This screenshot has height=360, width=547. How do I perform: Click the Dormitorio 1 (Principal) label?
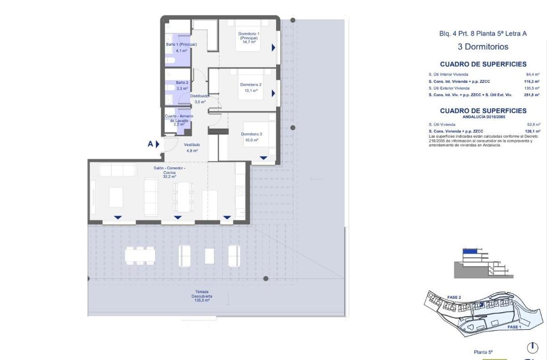(x=249, y=36)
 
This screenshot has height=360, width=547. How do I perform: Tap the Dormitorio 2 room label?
(x=251, y=85)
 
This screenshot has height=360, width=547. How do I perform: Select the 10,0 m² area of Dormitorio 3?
(x=252, y=140)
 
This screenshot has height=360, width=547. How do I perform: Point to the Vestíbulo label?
(x=192, y=145)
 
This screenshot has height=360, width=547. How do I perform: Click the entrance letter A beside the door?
(x=150, y=144)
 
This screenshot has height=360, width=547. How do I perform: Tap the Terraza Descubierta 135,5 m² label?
(x=201, y=296)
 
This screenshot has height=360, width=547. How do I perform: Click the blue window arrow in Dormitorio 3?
(x=263, y=158)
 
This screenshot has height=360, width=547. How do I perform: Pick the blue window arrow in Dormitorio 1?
(x=273, y=47)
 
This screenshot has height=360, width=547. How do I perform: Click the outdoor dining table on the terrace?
(x=140, y=255)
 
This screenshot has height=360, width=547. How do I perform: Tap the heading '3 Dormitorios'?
(x=483, y=46)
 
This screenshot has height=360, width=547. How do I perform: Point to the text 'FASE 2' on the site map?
(x=454, y=297)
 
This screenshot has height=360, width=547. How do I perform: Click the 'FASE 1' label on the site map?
(x=514, y=327)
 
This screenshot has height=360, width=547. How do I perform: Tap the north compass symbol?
(x=532, y=348)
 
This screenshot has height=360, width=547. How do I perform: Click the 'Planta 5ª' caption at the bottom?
(x=484, y=352)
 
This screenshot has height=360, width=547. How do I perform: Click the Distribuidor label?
(x=200, y=96)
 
